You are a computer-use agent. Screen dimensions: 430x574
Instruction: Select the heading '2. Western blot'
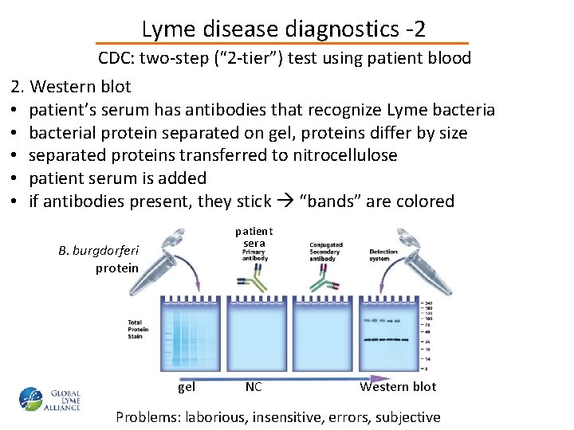[71, 86]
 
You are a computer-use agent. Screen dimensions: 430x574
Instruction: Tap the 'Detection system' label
[383, 255]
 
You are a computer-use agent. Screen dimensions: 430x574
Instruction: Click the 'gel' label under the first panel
[186, 387]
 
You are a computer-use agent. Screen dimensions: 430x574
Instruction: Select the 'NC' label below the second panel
[254, 387]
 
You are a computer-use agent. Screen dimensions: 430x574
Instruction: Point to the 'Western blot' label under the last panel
[398, 387]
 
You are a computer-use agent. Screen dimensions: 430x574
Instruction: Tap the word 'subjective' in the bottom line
[407, 416]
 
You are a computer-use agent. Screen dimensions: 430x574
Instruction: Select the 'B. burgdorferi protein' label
[99, 259]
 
